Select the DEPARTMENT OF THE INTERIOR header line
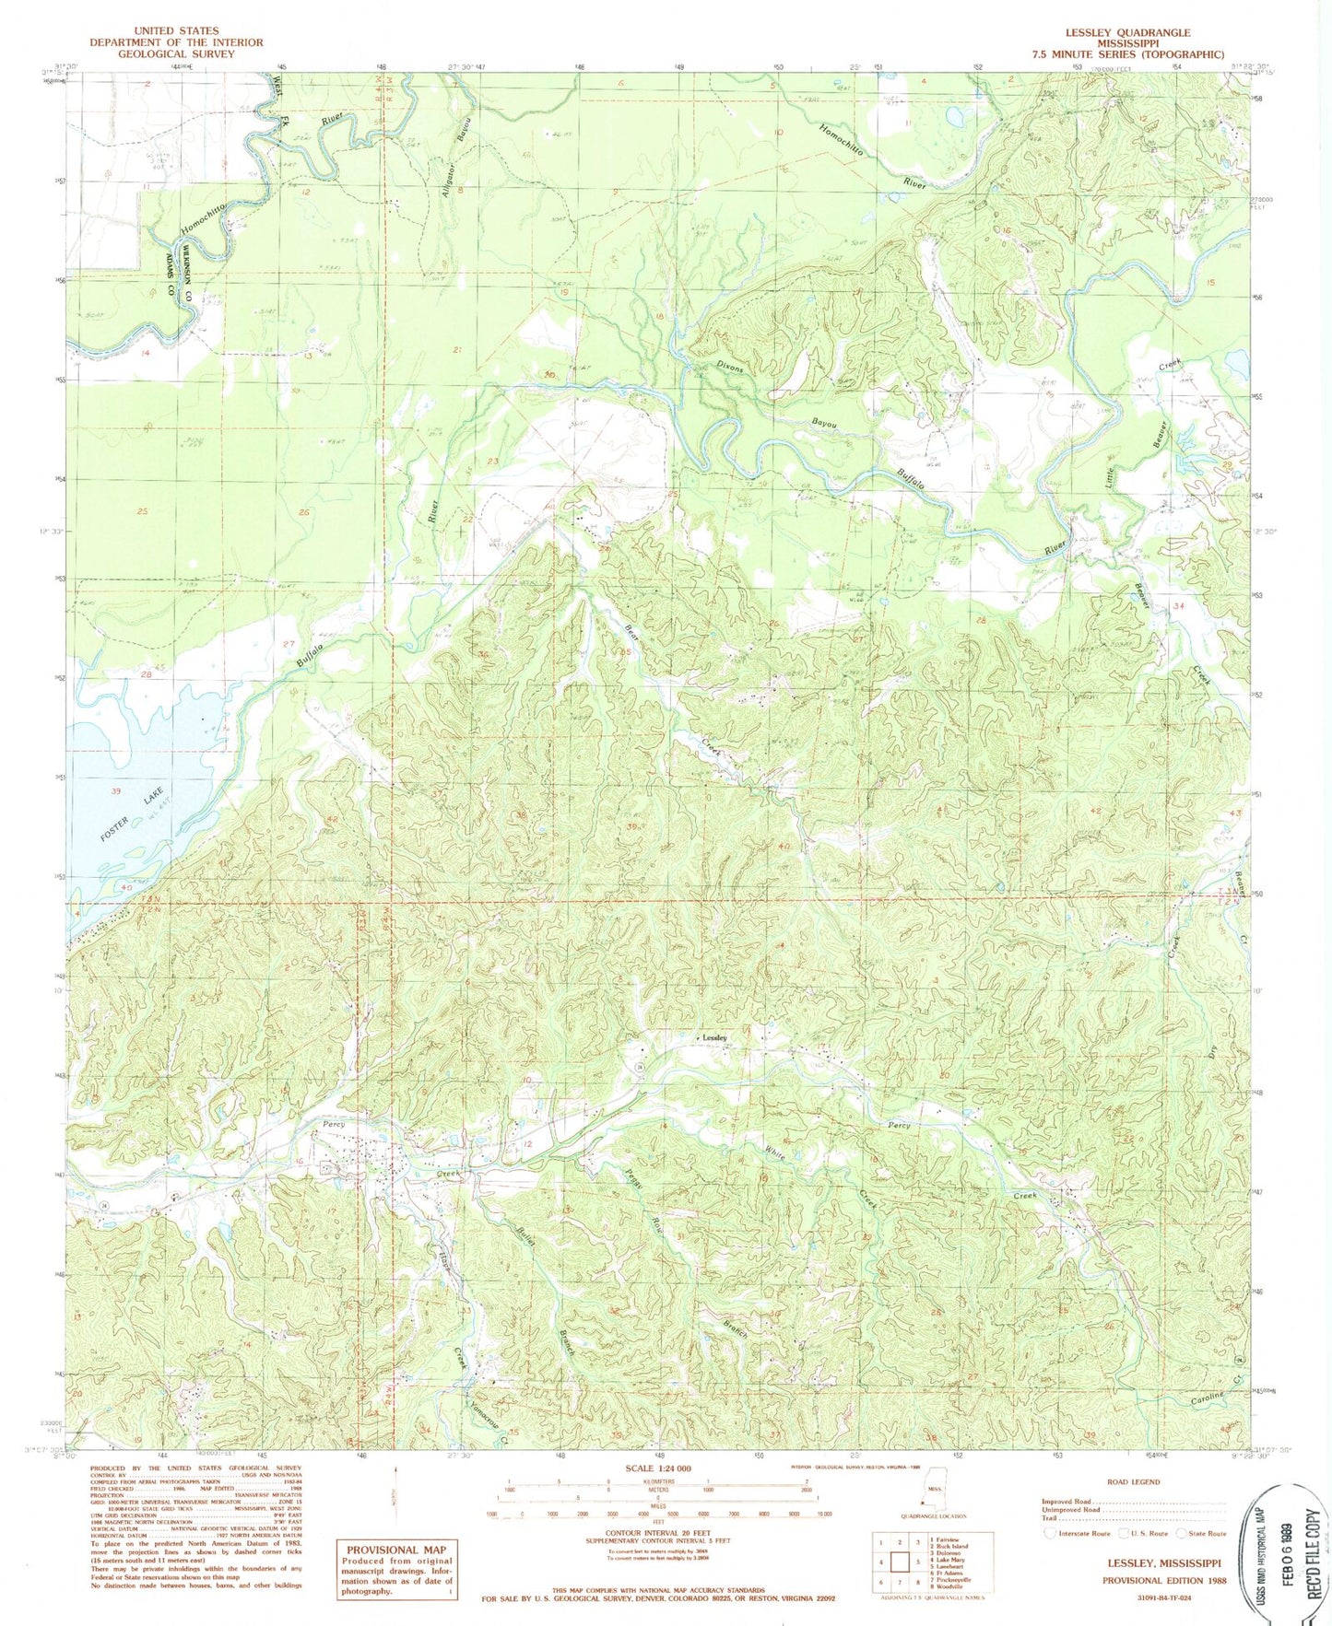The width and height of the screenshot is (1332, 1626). click(176, 42)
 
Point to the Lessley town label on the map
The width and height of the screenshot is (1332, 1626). click(714, 1037)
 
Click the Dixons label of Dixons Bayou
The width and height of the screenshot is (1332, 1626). click(729, 366)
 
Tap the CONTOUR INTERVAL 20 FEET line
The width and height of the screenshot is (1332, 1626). click(657, 1525)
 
